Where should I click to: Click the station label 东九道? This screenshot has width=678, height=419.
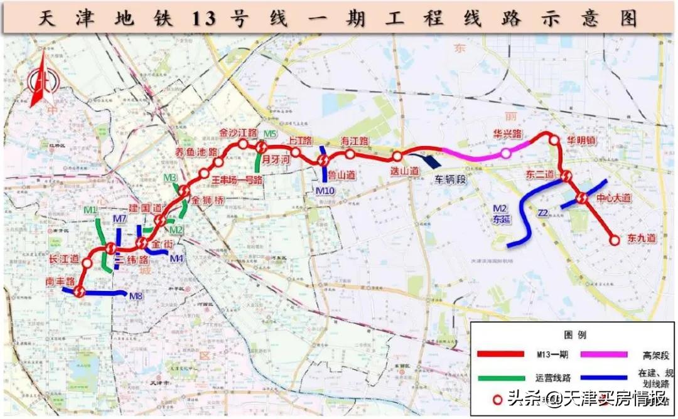click(642, 238)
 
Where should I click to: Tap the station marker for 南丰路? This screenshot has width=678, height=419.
click(79, 291)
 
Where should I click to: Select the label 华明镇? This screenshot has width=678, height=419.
click(581, 141)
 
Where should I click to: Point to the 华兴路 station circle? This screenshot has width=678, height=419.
click(505, 154)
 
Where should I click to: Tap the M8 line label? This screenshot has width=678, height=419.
click(136, 295)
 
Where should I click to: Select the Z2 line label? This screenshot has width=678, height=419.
click(544, 213)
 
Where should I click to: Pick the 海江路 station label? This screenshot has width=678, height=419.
click(353, 141)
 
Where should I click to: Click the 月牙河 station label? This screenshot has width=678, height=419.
click(274, 159)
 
